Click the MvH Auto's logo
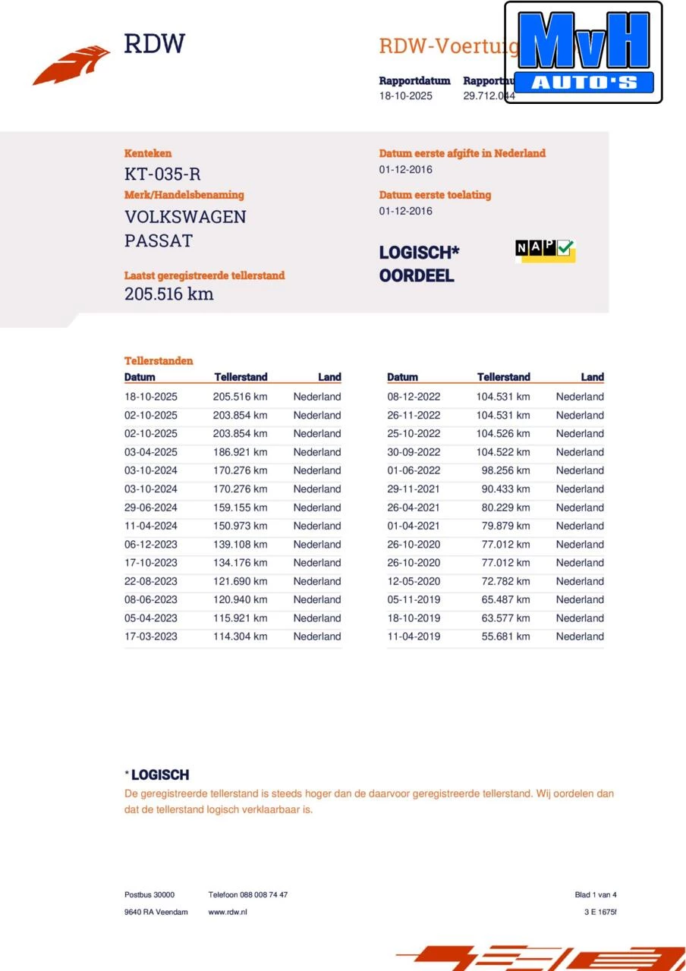(x=583, y=52)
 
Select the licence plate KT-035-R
(x=162, y=174)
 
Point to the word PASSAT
(x=159, y=241)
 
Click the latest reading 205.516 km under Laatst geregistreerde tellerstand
(x=168, y=294)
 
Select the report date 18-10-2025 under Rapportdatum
(x=406, y=96)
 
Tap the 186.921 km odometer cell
(x=240, y=452)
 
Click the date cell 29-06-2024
(x=151, y=507)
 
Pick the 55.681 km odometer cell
(x=505, y=636)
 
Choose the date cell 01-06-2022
(x=414, y=470)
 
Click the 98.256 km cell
(x=505, y=470)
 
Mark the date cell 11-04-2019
(x=414, y=636)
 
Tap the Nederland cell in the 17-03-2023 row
(x=317, y=636)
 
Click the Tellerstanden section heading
(x=159, y=361)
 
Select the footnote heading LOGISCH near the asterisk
(x=160, y=775)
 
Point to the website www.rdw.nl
(x=228, y=912)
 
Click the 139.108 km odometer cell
(x=240, y=545)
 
